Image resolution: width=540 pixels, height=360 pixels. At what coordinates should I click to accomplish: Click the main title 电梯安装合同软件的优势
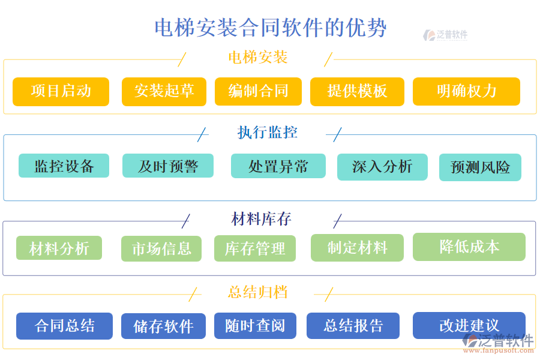click(x=271, y=28)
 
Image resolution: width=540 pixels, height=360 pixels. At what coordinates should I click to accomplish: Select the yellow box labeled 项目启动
click(x=61, y=91)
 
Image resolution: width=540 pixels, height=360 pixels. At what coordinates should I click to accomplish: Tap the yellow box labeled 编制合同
click(x=258, y=91)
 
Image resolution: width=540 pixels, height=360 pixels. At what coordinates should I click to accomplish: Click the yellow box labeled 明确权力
click(x=466, y=91)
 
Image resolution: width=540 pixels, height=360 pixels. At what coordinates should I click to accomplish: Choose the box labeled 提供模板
click(x=357, y=91)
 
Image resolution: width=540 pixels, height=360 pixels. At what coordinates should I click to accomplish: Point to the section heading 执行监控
click(x=268, y=132)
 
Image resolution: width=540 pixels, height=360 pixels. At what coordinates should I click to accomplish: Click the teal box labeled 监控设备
click(x=64, y=166)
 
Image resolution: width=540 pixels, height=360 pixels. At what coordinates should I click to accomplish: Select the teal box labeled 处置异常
click(x=278, y=166)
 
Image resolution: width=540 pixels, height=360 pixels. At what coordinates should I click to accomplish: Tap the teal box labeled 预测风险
click(x=480, y=167)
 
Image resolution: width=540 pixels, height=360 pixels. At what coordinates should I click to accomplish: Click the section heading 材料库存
click(x=262, y=219)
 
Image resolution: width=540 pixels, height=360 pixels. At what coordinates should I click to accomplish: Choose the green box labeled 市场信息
click(x=162, y=248)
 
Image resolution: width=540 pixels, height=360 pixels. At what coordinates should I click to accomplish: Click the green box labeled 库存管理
click(x=255, y=248)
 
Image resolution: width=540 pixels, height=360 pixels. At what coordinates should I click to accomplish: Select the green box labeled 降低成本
click(x=469, y=247)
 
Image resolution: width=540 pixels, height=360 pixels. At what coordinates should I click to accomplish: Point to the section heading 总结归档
click(x=258, y=292)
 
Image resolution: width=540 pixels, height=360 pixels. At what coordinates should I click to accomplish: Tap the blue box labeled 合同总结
click(x=64, y=326)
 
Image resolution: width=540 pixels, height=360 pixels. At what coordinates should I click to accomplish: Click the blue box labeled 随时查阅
click(x=255, y=326)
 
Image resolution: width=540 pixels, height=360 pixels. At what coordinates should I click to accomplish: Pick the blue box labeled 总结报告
click(x=353, y=326)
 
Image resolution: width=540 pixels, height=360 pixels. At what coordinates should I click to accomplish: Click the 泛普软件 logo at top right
click(x=445, y=35)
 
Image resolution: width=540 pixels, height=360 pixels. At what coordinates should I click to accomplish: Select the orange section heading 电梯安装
click(x=258, y=58)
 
